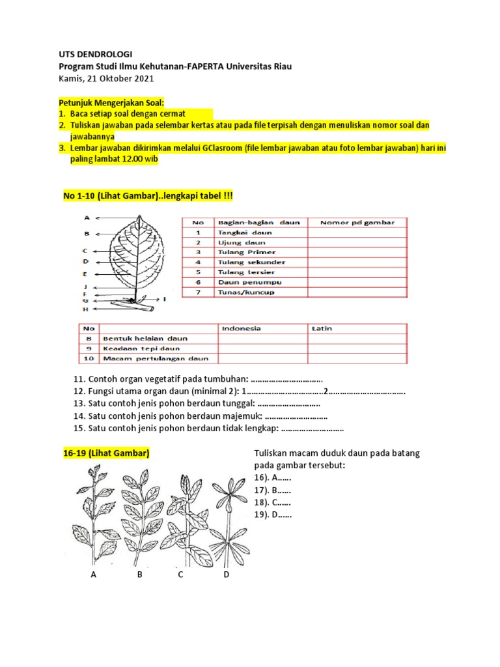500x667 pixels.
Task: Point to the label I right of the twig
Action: [165, 299]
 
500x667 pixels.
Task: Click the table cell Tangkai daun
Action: [245, 232]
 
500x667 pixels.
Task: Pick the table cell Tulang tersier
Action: [246, 272]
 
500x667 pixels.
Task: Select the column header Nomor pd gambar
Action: [357, 222]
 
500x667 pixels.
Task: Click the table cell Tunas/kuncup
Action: [246, 292]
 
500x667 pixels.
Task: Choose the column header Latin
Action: [322, 328]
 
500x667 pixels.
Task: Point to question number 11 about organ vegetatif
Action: [198, 379]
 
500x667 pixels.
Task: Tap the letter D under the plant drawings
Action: [226, 575]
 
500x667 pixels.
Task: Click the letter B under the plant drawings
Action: [139, 575]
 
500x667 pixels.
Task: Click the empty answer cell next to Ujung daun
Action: [357, 242]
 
